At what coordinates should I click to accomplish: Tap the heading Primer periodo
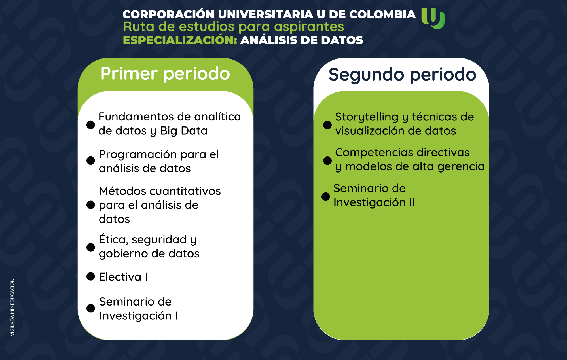(x=165, y=74)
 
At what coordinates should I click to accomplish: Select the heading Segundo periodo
(x=402, y=75)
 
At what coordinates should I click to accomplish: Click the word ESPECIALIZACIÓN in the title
(x=180, y=40)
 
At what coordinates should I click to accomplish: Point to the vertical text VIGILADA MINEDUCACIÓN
(x=12, y=307)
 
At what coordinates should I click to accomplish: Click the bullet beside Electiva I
(x=90, y=276)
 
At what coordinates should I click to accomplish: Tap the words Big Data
(x=184, y=131)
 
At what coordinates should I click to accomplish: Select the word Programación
(x=138, y=155)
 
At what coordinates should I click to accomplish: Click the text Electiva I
(x=123, y=277)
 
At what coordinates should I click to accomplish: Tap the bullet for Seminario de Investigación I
(x=90, y=308)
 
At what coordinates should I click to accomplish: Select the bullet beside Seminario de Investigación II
(x=326, y=196)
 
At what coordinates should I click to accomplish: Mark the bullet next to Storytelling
(x=327, y=125)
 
